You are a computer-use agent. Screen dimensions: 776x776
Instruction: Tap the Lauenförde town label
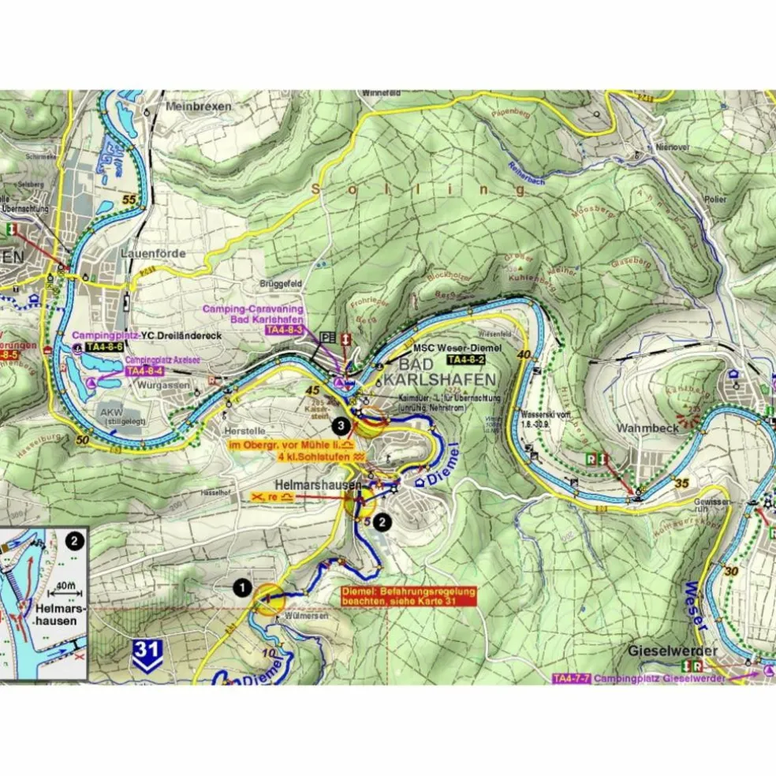coord(153,253)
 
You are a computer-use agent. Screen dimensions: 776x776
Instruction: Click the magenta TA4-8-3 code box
coord(284,330)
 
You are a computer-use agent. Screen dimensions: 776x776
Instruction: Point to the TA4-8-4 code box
coord(144,371)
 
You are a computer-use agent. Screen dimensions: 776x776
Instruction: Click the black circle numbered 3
coord(340,426)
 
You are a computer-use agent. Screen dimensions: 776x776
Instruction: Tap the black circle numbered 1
coord(241,587)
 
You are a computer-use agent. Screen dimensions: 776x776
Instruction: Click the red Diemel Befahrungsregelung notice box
coord(409,595)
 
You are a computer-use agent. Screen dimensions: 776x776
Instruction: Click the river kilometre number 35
coord(683,483)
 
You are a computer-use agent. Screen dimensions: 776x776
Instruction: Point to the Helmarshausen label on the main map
coord(318,485)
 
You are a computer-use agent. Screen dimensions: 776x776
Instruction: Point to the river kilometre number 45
coord(313,390)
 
